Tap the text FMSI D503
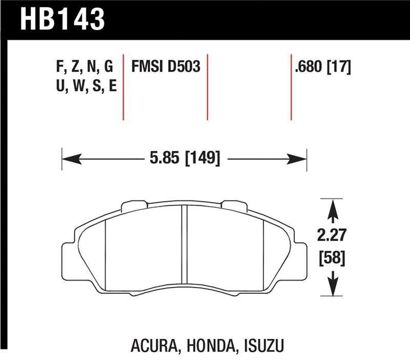(x=166, y=67)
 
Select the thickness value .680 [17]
(x=323, y=67)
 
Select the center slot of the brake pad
(x=184, y=246)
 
